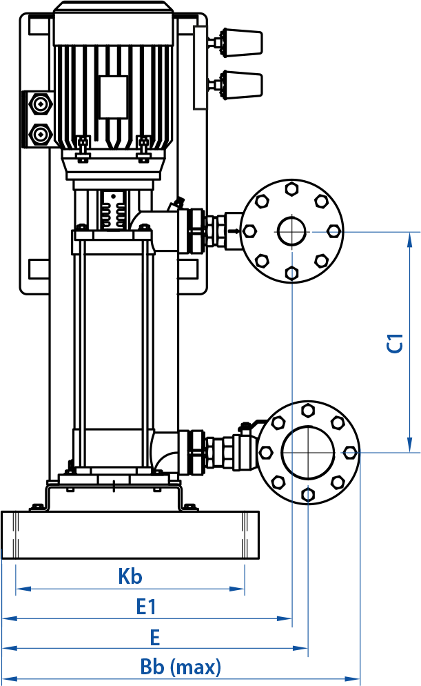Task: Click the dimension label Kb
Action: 130,576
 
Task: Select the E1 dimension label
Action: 146,607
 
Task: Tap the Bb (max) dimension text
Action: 181,667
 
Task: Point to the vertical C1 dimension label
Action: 395,343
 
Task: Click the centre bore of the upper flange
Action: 291,231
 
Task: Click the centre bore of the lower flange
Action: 308,452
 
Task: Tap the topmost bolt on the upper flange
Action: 291,189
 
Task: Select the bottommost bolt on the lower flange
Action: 308,494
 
